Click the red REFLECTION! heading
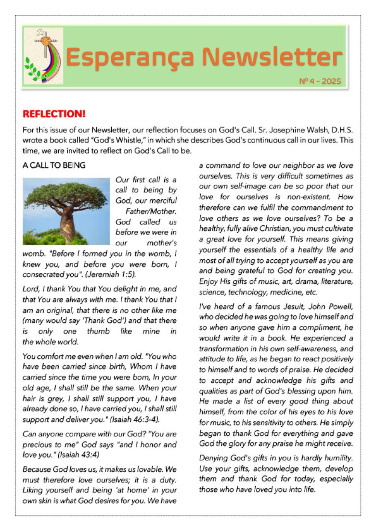(x=54, y=114)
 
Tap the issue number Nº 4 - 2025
(x=320, y=81)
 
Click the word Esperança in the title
(x=130, y=57)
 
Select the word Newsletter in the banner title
(x=272, y=57)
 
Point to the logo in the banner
(x=43, y=56)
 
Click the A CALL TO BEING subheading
(x=54, y=165)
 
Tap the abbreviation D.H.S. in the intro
(x=342, y=130)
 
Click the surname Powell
(x=340, y=306)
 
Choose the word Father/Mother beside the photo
(x=151, y=211)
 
